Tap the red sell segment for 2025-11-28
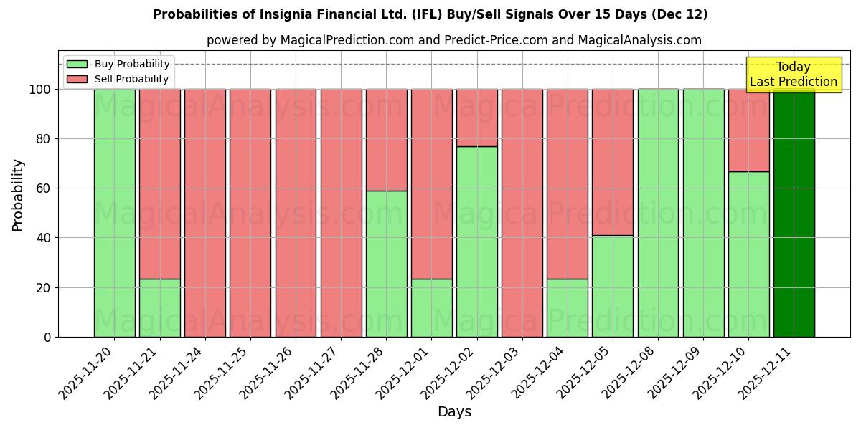tap(386, 140)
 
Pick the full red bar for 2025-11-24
tap(205, 213)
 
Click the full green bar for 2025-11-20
tap(114, 213)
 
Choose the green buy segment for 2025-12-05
tap(613, 286)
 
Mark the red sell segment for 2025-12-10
tap(748, 130)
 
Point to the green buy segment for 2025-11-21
tap(159, 307)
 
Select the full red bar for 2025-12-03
tap(522, 213)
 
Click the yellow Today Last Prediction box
tap(794, 75)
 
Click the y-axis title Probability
tap(18, 195)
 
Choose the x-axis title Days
tap(454, 412)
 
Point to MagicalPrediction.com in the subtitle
tap(347, 40)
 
